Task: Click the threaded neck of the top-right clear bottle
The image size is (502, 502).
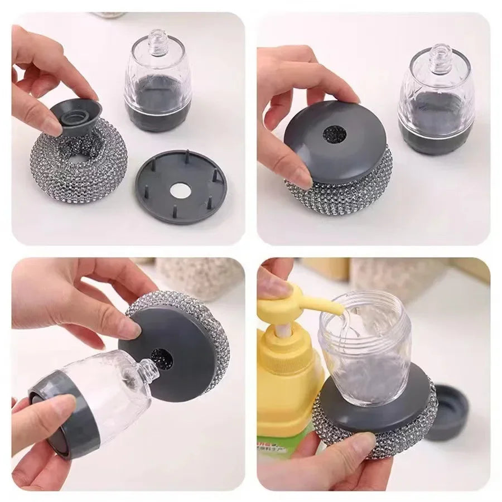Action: (436, 54)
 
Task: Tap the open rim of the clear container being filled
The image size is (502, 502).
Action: (365, 307)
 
